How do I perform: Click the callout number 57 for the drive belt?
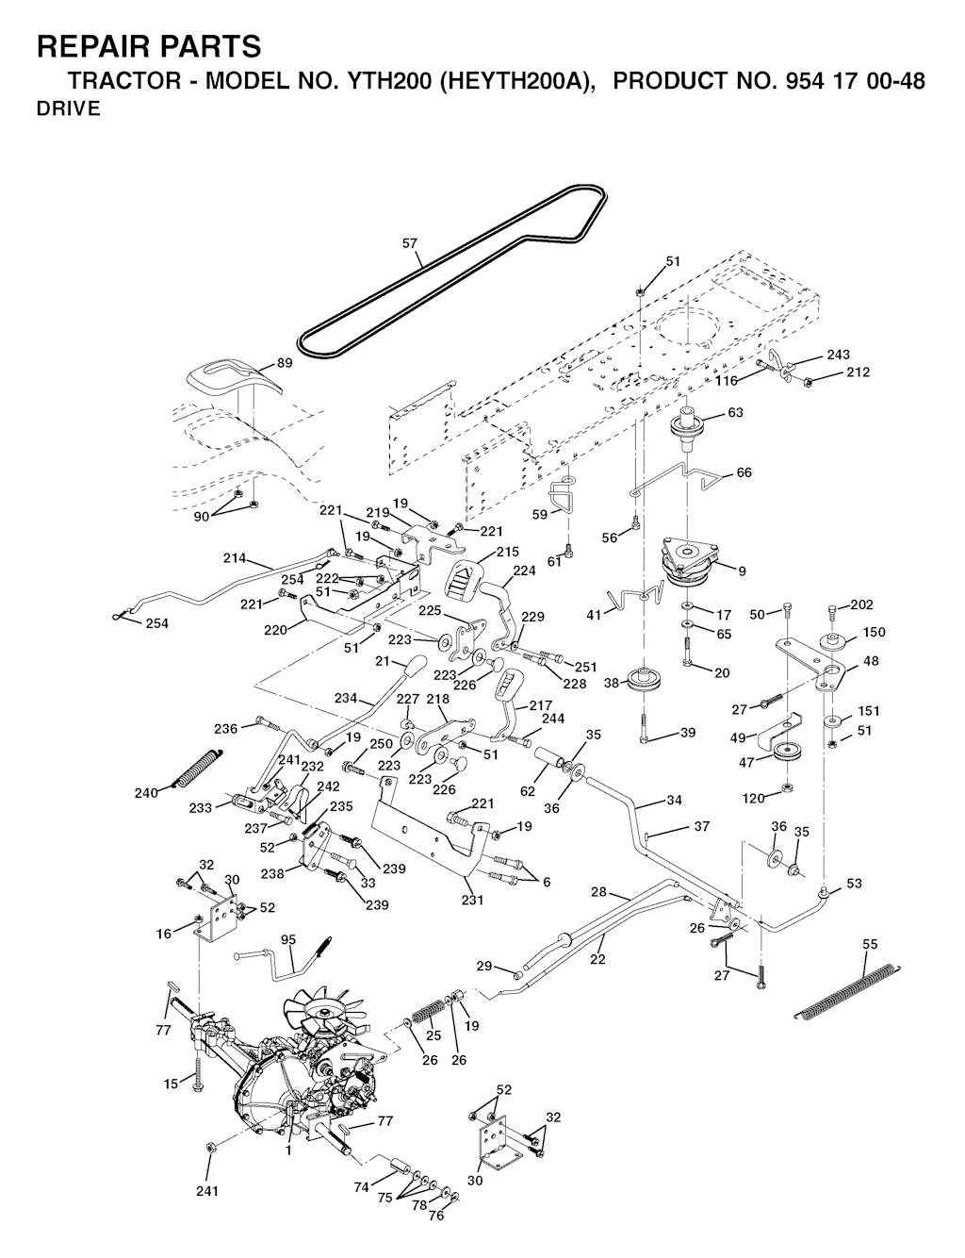(410, 243)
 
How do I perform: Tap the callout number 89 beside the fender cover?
(284, 364)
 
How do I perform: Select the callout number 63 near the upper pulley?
(736, 412)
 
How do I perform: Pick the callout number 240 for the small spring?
(146, 793)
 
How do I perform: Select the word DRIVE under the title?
(68, 109)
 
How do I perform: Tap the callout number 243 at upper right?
(838, 355)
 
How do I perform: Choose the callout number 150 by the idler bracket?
(874, 632)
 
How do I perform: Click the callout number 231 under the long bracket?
(472, 900)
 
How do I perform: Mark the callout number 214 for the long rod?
(235, 558)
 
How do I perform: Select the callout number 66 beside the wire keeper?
(744, 472)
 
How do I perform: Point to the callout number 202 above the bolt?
(861, 604)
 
